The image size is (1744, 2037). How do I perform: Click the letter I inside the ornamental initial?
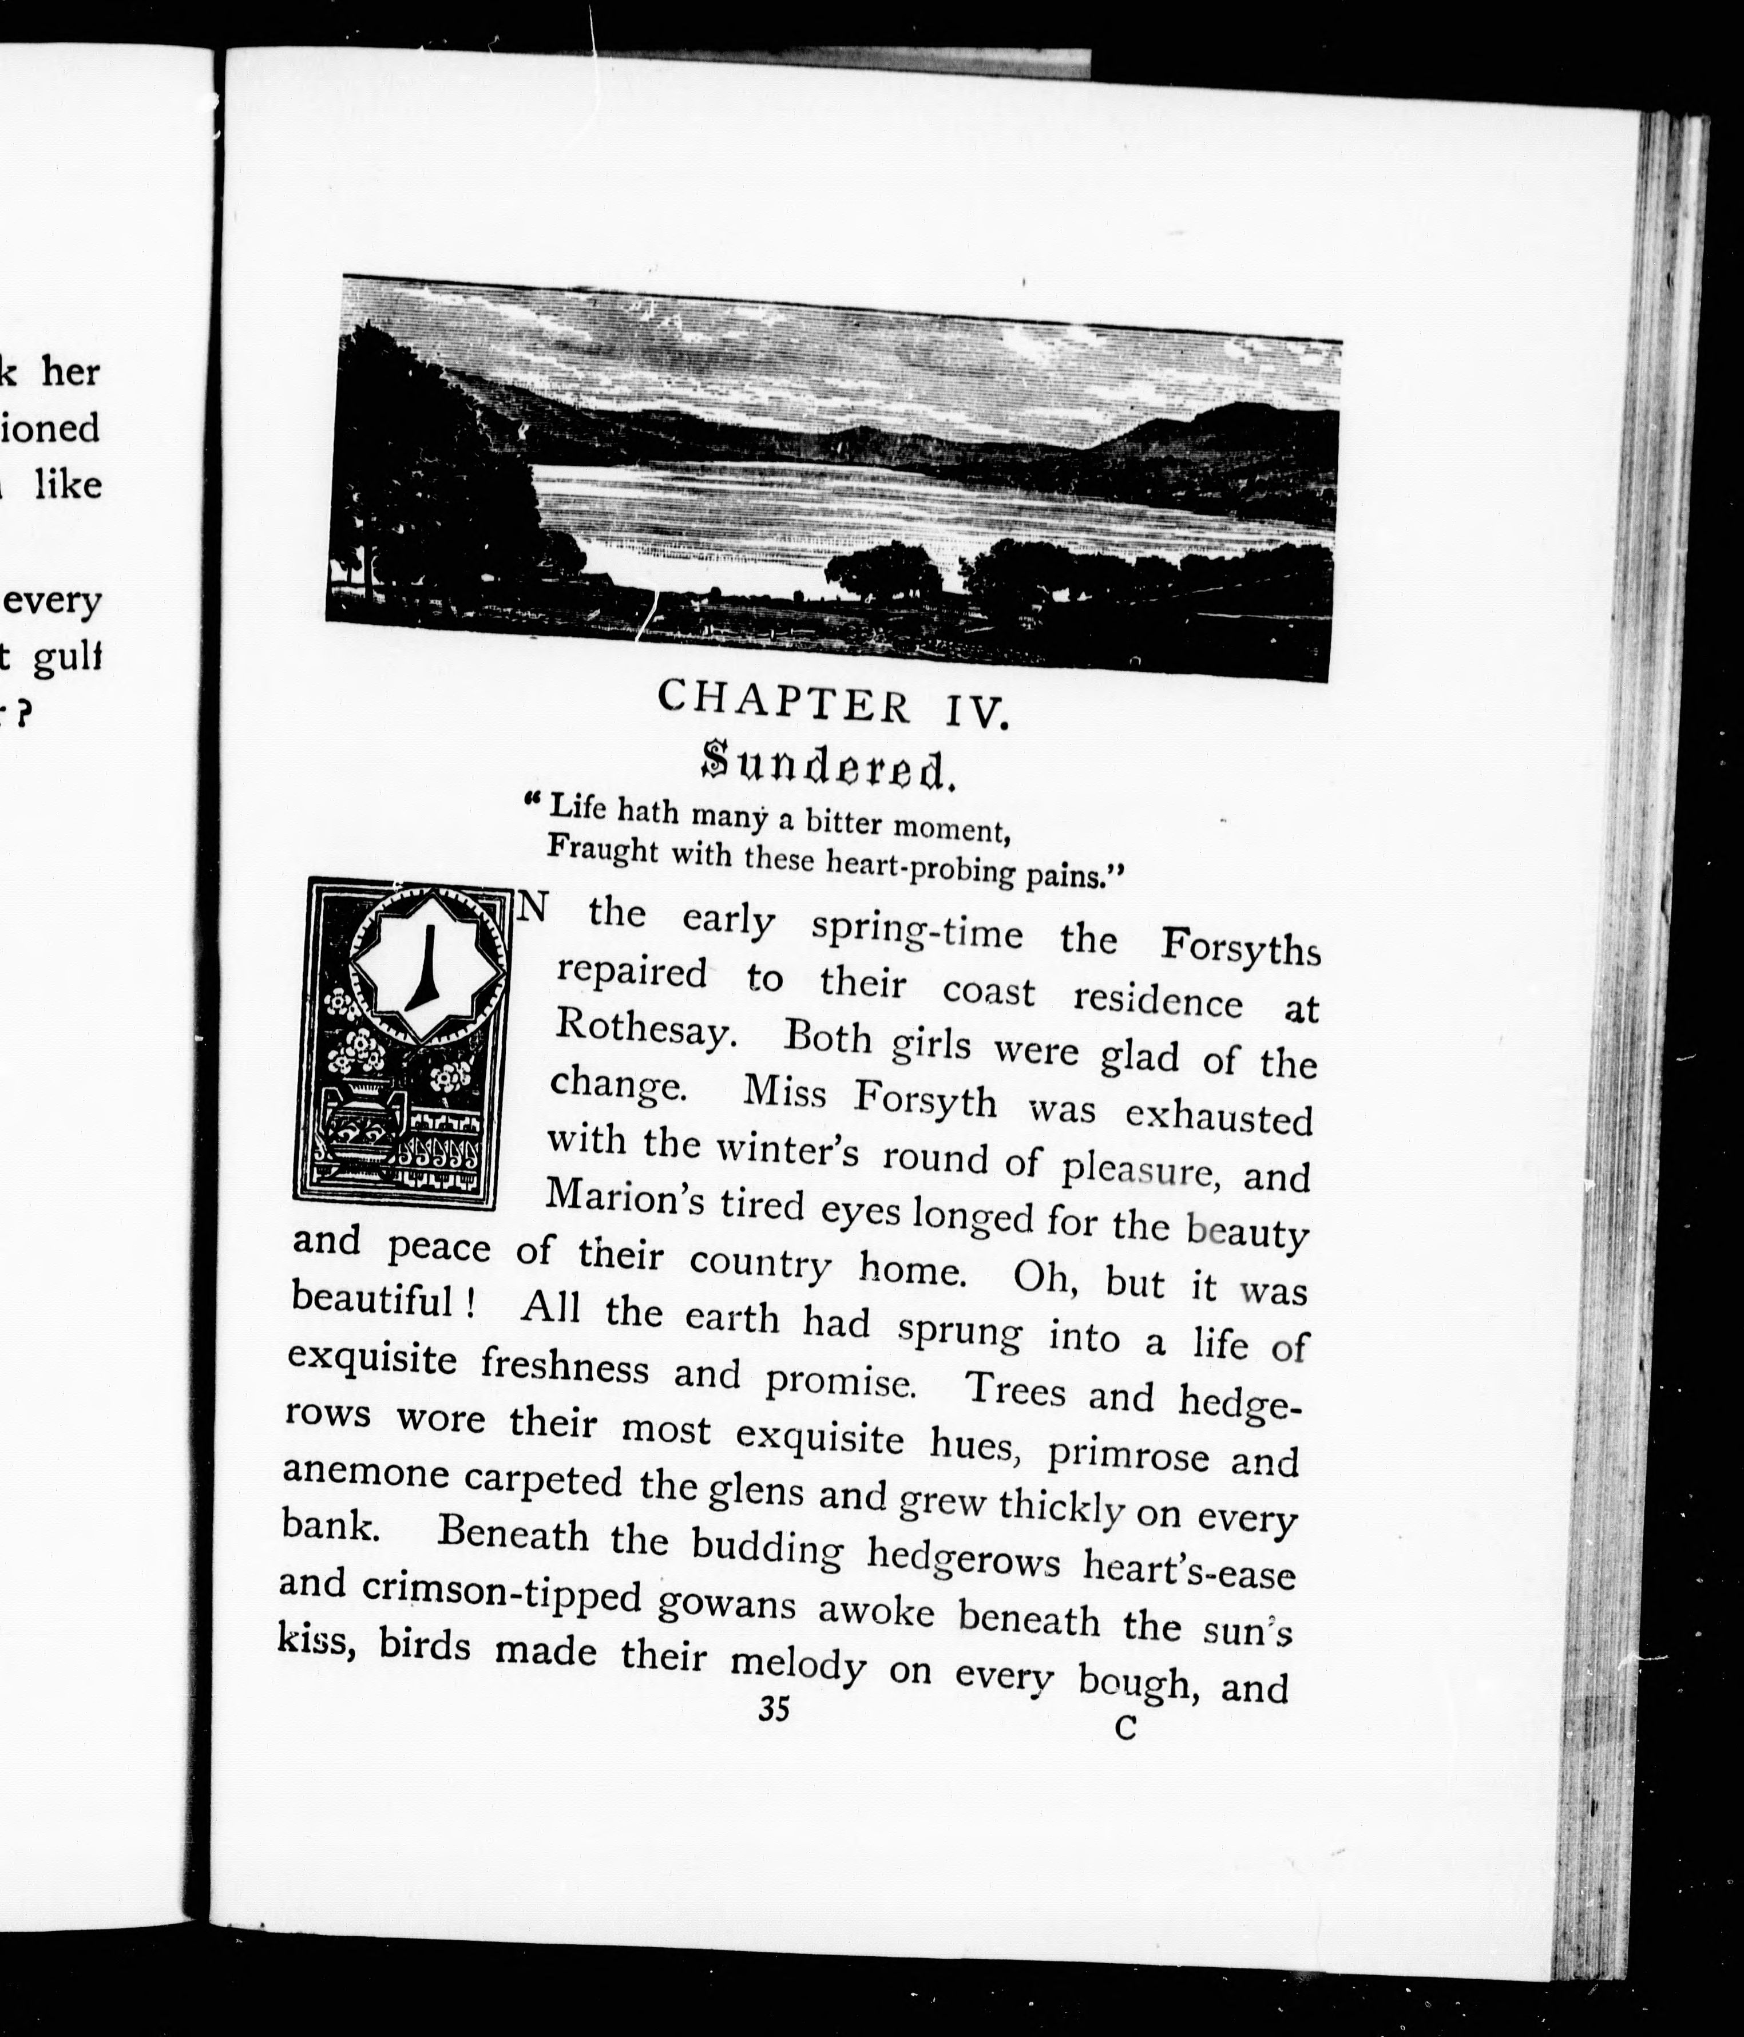pos(427,966)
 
